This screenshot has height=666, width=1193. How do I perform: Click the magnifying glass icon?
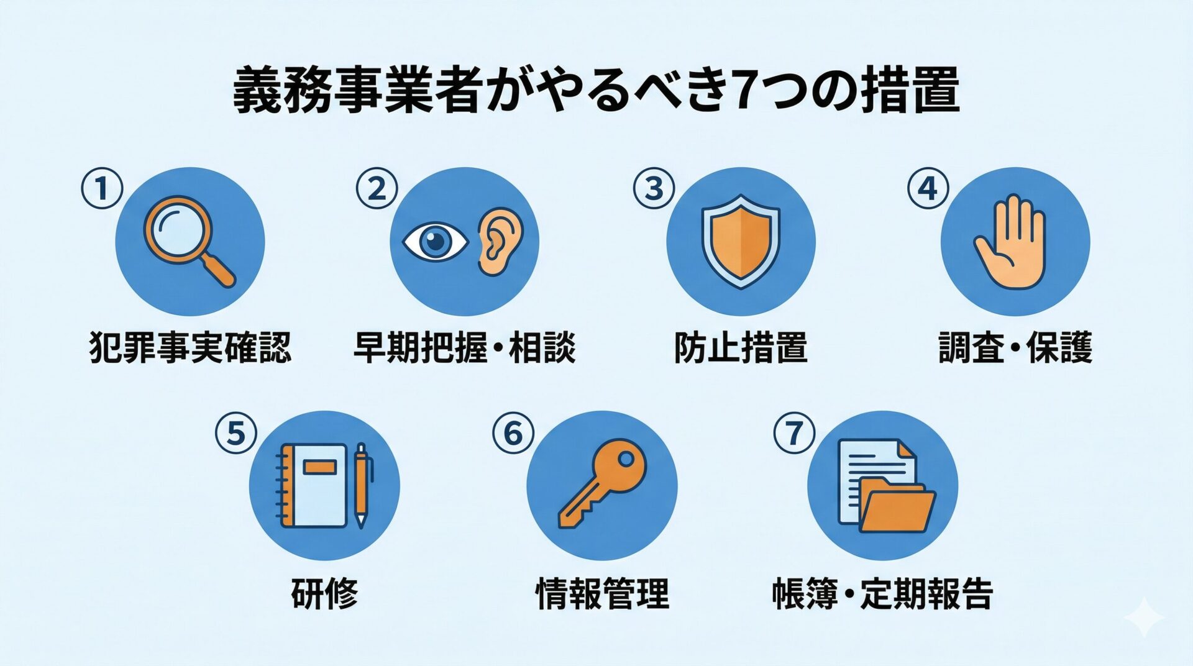186,239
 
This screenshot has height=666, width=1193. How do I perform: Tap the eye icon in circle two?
436,242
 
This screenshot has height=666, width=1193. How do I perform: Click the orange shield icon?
740,241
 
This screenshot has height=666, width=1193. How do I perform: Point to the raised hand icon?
1011,242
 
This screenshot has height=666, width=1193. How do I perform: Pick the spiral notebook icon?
313,485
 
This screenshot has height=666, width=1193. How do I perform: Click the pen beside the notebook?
362,485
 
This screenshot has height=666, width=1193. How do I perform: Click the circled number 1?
102,189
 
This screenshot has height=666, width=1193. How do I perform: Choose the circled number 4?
927,188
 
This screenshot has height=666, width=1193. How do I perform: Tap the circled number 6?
513,433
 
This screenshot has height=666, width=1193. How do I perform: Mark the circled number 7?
794,433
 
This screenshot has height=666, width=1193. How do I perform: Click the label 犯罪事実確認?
190,347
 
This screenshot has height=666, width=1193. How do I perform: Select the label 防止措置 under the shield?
740,347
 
